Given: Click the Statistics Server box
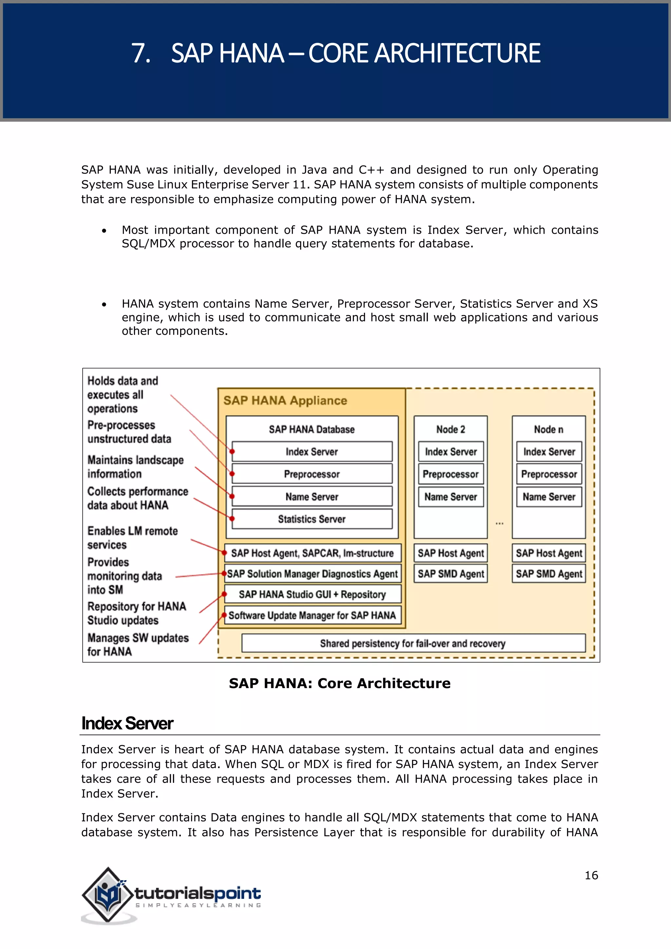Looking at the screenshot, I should (x=312, y=519).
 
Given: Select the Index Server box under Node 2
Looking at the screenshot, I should (x=451, y=452).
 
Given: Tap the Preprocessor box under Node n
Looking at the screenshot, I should (x=549, y=474).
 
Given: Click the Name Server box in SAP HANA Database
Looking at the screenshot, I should (x=312, y=496).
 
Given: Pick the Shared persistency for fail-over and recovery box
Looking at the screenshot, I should (x=413, y=643).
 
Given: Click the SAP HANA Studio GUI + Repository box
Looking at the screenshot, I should (x=312, y=594).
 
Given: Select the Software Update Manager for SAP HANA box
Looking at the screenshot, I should (x=312, y=615).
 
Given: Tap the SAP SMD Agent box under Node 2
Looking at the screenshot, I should (x=451, y=574).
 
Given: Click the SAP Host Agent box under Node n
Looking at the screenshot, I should (x=549, y=553).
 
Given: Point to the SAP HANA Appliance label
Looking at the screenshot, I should (x=285, y=400).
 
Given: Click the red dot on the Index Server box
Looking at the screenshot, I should (x=233, y=451).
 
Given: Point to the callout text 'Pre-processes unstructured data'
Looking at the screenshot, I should (x=129, y=432).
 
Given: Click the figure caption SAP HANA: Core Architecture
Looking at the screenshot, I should (x=340, y=684).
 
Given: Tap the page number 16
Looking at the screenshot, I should (x=591, y=875).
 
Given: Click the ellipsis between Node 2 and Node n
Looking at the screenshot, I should (x=500, y=524).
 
